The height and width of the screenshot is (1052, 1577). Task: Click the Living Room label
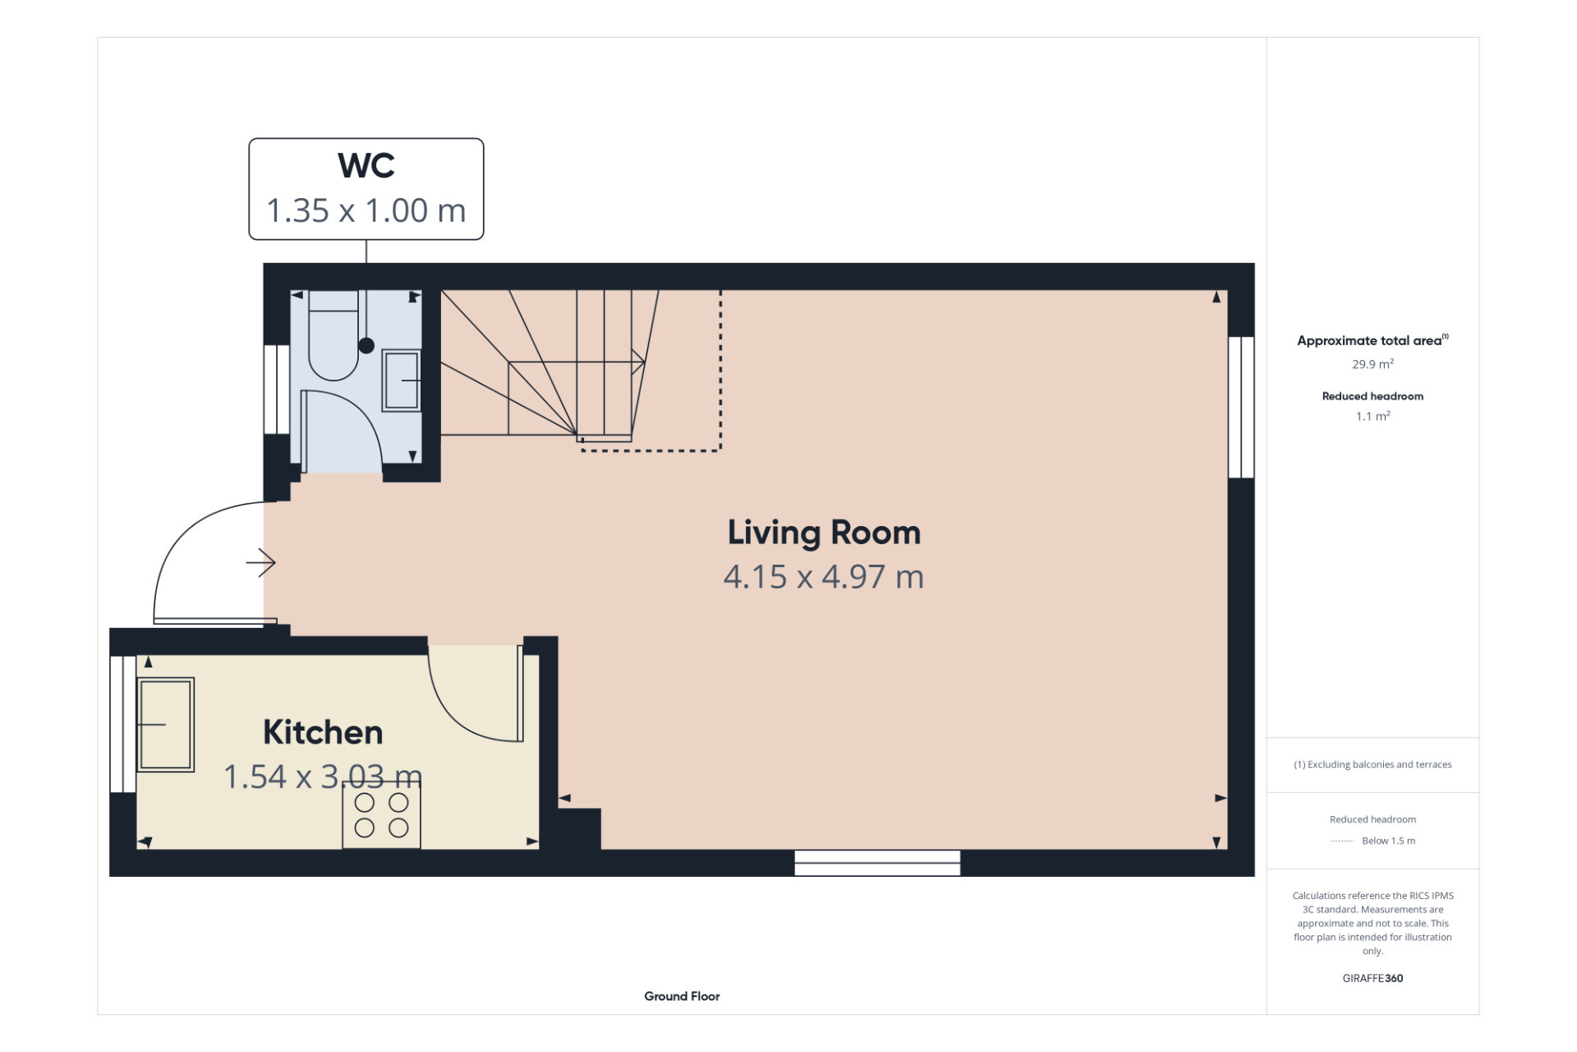[x=824, y=533]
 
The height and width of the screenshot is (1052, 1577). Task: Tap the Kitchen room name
[x=323, y=732]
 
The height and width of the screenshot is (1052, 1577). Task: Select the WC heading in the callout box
[x=366, y=165]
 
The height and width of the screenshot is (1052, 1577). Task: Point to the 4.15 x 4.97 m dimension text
[x=824, y=577]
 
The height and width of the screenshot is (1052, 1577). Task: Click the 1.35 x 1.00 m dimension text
[x=366, y=210]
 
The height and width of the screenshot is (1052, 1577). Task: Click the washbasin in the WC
[x=402, y=381]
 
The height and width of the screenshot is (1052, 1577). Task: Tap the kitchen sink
[x=165, y=725]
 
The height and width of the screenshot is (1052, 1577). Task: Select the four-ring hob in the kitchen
[x=381, y=816]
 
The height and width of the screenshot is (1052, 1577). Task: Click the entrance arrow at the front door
[x=261, y=563]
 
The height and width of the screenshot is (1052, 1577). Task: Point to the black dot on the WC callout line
[x=366, y=346]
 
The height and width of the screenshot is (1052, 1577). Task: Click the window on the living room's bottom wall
[x=877, y=863]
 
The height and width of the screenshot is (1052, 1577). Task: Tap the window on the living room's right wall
[x=1241, y=407]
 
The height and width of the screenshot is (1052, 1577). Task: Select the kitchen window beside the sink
[x=122, y=724]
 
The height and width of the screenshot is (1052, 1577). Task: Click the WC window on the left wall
[x=276, y=390]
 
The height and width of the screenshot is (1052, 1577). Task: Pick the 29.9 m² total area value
[x=1372, y=364]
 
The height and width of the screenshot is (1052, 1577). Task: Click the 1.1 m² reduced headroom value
[x=1372, y=417]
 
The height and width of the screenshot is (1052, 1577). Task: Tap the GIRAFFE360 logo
[x=1372, y=978]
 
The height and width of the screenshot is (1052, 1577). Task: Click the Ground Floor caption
[x=682, y=996]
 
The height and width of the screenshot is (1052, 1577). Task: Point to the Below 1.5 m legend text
[x=1389, y=841]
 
